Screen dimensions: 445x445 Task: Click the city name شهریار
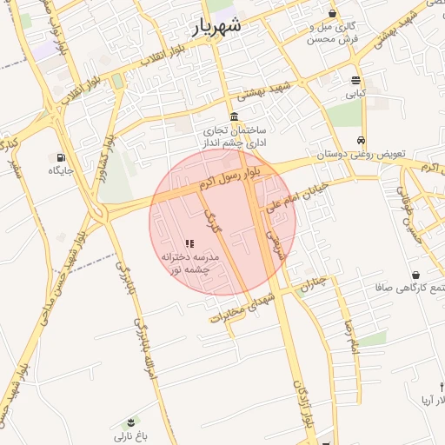point(216,26)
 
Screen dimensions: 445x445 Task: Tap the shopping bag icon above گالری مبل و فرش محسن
point(333,13)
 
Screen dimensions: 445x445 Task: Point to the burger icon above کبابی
point(356,79)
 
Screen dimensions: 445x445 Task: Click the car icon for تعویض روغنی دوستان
point(361,141)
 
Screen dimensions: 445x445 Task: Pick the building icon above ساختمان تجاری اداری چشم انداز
point(234,117)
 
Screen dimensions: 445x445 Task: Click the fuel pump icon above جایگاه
point(60,157)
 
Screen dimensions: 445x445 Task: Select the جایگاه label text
point(61,170)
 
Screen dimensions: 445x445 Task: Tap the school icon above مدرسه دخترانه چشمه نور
point(190,243)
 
